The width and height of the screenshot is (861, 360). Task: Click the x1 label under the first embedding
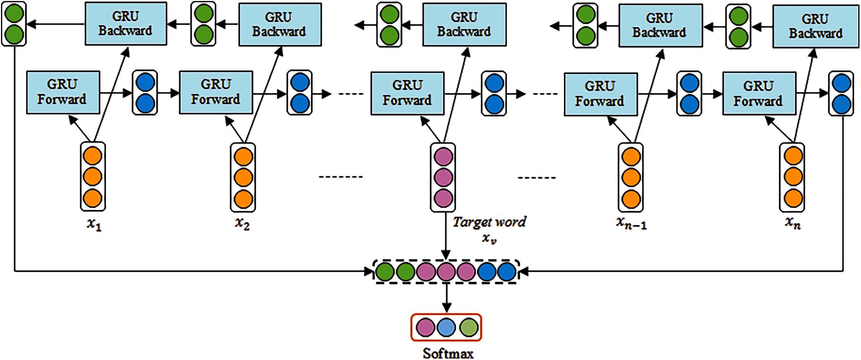tap(94, 224)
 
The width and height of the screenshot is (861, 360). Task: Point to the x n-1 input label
tap(631, 223)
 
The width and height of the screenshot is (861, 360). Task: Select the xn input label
tap(793, 223)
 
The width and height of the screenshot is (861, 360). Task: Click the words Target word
tap(489, 222)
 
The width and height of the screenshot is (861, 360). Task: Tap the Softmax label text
tap(448, 353)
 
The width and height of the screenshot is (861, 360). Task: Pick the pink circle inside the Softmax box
tap(425, 327)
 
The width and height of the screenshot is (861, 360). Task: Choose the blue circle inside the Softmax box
tap(446, 327)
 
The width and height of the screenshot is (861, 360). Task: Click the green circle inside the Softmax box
tap(468, 327)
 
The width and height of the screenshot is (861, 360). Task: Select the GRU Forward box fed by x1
tap(63, 92)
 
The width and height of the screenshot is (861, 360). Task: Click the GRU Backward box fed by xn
tap(815, 27)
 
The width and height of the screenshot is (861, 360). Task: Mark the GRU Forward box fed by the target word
tap(407, 93)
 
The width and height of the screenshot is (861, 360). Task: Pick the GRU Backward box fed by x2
tap(280, 25)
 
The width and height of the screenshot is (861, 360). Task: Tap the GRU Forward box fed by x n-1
tap(600, 94)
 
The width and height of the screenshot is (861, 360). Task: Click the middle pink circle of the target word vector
tap(443, 177)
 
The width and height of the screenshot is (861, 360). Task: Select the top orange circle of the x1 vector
tap(93, 156)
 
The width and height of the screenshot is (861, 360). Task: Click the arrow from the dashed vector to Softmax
tap(446, 298)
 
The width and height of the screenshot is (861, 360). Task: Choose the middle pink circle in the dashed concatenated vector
tap(446, 272)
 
